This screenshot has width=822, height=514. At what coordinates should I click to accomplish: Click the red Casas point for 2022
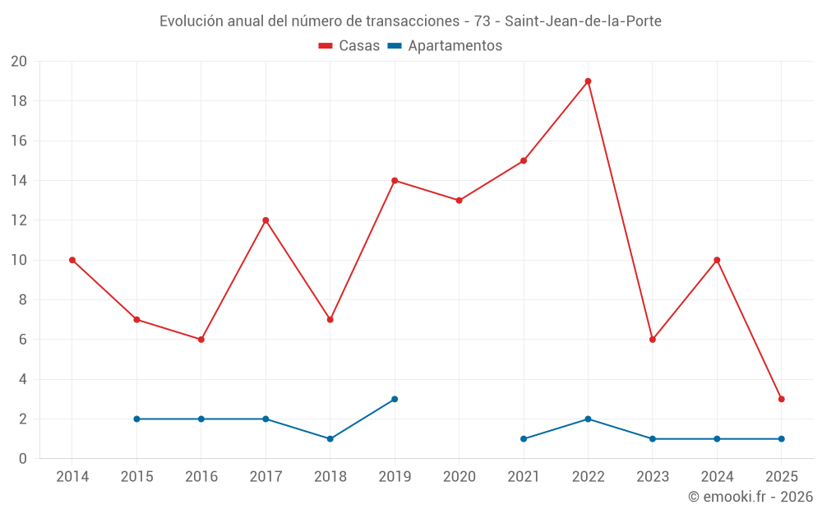tap(588, 81)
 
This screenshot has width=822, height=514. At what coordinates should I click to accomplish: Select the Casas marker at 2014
tap(72, 260)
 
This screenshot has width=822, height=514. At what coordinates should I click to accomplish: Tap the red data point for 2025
tap(781, 399)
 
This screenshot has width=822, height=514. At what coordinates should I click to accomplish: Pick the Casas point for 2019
tap(395, 181)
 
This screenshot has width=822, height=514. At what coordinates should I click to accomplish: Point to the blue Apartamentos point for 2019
tap(395, 399)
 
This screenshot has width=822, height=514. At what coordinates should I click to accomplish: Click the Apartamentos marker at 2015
tap(136, 419)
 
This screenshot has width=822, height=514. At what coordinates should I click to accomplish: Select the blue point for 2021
tap(524, 438)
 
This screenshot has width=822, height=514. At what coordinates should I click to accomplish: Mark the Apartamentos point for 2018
tap(330, 438)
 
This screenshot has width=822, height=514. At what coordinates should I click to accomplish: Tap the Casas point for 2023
tap(653, 340)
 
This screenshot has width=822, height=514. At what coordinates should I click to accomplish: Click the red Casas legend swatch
tap(326, 46)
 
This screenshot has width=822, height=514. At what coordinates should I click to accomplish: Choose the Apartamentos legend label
tap(455, 46)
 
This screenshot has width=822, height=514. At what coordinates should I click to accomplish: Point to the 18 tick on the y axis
tap(19, 101)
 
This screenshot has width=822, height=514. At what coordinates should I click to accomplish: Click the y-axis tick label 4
tap(23, 379)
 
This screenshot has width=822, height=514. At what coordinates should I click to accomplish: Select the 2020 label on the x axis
tap(459, 477)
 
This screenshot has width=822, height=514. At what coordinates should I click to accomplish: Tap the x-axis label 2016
tap(201, 477)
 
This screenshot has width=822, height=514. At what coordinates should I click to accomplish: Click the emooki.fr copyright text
tap(750, 497)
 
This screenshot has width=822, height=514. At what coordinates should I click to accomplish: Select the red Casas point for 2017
tap(266, 220)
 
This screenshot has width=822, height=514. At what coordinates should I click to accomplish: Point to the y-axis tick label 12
tap(19, 220)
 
